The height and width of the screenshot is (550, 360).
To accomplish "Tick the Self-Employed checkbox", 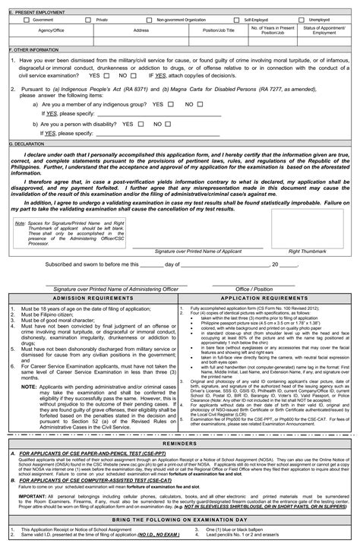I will coord(238,20).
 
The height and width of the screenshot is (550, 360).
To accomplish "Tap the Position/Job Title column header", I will coord(220,30).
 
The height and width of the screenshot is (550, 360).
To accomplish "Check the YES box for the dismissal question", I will coord(106,76).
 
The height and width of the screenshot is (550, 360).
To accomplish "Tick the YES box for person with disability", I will coord(141,123).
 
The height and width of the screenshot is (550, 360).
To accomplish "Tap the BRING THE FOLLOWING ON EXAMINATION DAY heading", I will coord(180,520).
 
